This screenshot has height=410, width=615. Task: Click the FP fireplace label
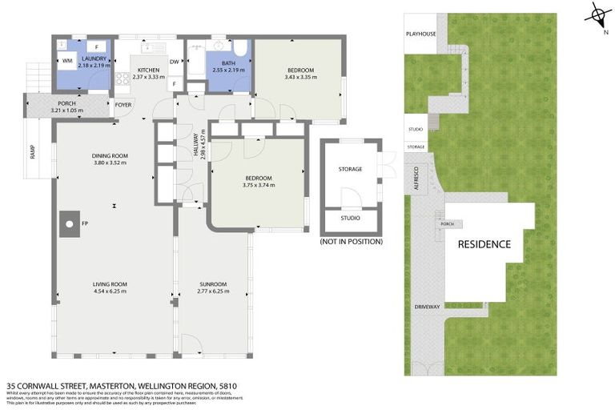coord(83,224)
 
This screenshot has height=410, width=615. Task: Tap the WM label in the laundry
coord(67,61)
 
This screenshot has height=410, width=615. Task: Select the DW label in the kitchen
coord(174,61)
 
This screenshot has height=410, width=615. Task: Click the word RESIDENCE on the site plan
coord(484,244)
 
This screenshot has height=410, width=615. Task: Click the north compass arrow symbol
coord(598,14)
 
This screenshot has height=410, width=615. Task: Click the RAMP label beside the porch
coord(33,151)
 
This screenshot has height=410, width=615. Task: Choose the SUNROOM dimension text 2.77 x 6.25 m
coord(213,291)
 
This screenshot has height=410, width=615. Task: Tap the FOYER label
coord(123,105)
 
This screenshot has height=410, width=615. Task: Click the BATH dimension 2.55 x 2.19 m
coord(228,70)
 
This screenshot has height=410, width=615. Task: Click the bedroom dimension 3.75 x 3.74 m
coord(258,185)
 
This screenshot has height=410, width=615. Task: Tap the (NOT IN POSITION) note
coord(351,241)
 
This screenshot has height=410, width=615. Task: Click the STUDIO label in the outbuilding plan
coord(350,218)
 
